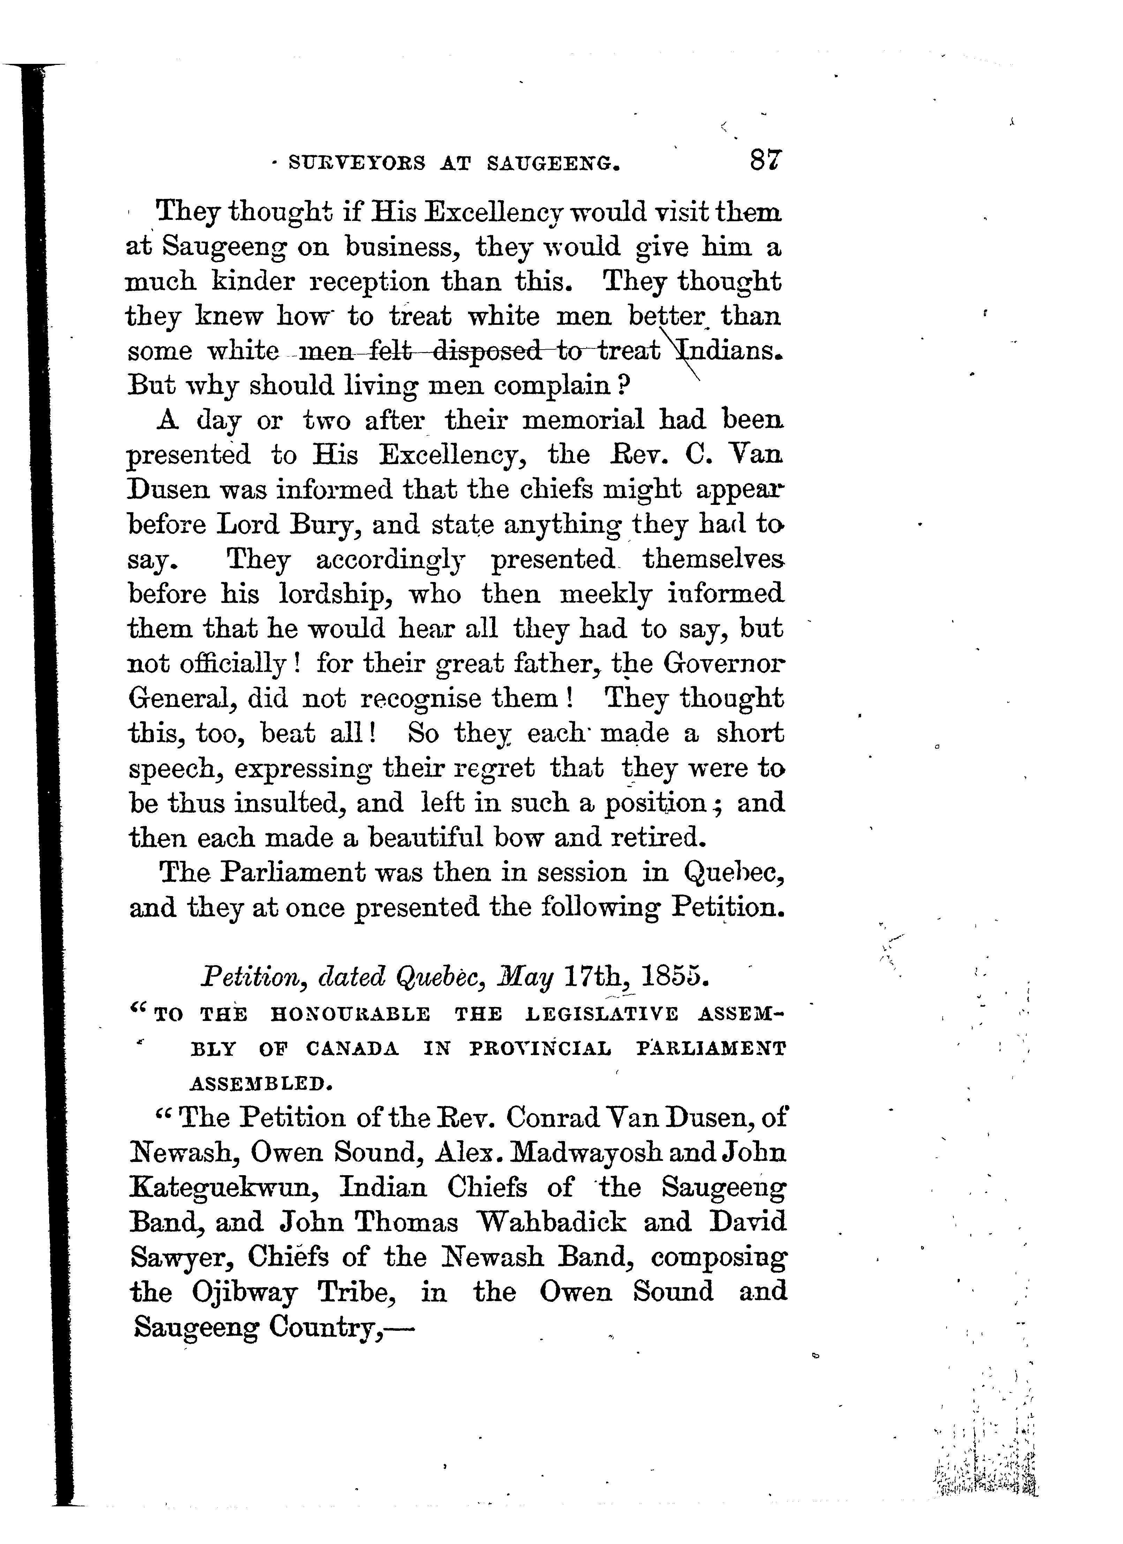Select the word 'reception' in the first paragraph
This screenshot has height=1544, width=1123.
363,282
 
